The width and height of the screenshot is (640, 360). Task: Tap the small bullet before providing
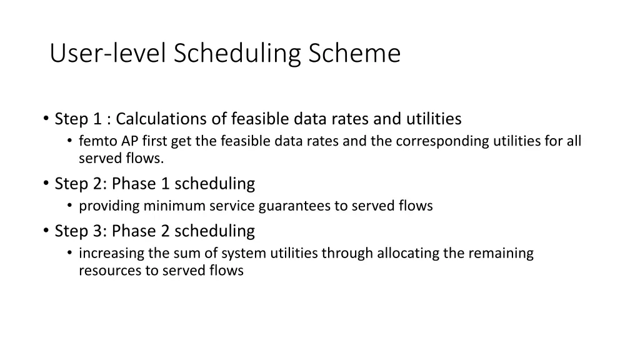coord(71,206)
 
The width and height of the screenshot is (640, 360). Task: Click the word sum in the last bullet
coord(199,253)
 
